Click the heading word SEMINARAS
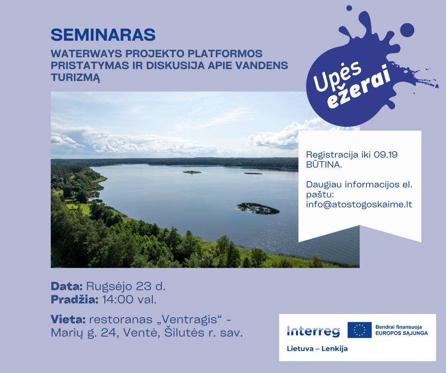pyautogui.click(x=103, y=35)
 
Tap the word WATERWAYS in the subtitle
pyautogui.click(x=86, y=53)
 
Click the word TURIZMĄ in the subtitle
pyautogui.click(x=75, y=77)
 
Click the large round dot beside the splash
pyautogui.click(x=407, y=30)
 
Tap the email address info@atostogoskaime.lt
pyautogui.click(x=359, y=204)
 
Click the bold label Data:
pyautogui.click(x=66, y=286)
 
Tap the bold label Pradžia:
pyautogui.click(x=74, y=300)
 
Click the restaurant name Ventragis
pyautogui.click(x=189, y=320)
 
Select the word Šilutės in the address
pyautogui.click(x=184, y=332)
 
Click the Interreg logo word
pyautogui.click(x=313, y=331)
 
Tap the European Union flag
pyautogui.click(x=360, y=330)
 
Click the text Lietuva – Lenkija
pyautogui.click(x=317, y=348)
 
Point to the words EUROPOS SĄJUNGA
pyautogui.click(x=401, y=333)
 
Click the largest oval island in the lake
pyautogui.click(x=258, y=208)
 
